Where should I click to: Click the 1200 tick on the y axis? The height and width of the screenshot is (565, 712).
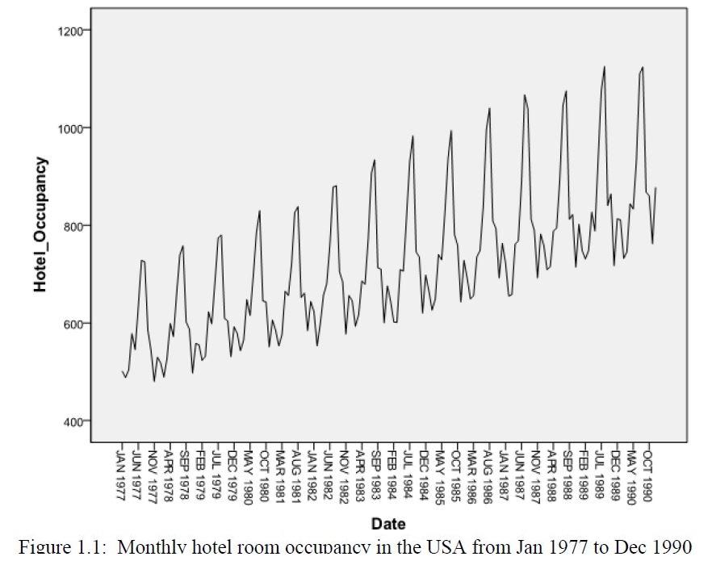(73, 31)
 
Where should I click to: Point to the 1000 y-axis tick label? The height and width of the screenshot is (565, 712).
(73, 128)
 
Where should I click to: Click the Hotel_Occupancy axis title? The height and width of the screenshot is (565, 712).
(40, 225)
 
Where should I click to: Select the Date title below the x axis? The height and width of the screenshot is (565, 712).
(388, 524)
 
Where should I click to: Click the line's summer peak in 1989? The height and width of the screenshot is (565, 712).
(604, 67)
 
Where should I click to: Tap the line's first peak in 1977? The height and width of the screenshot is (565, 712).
(142, 261)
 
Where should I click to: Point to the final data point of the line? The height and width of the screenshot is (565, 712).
(656, 188)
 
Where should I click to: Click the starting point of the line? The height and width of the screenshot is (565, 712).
(122, 371)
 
